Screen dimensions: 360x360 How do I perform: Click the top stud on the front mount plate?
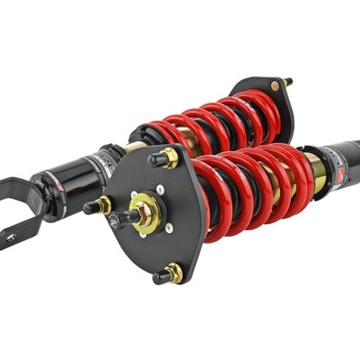coord(164,158)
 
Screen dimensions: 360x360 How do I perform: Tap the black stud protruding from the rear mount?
coord(287,83)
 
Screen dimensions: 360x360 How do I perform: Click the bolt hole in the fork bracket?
coord(11,236)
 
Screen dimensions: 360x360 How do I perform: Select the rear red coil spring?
coord(202,126)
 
